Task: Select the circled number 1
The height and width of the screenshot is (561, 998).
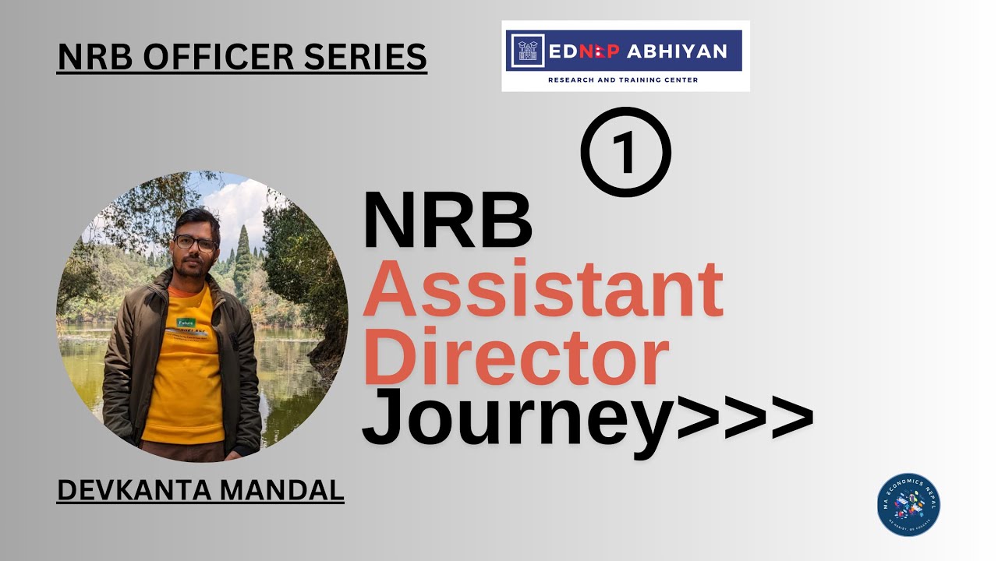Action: (625, 152)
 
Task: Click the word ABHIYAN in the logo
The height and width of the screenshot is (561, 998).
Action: (677, 51)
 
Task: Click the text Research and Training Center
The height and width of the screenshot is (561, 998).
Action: (623, 79)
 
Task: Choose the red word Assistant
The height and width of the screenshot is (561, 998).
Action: (543, 291)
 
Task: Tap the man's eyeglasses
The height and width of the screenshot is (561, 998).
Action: (195, 242)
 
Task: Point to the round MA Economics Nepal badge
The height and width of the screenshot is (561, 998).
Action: (908, 505)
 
